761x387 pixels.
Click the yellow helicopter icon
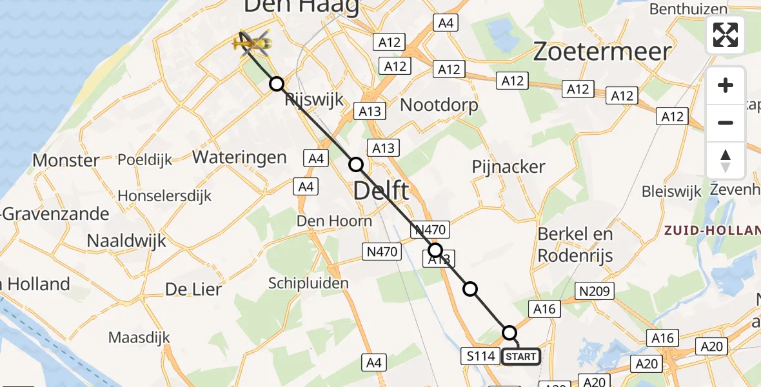coord(252,44)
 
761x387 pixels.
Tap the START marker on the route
coord(521,356)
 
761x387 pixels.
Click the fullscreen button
coord(726,35)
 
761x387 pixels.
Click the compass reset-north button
coord(726,161)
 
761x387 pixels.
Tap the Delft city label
coord(381,191)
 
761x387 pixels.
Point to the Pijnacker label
coord(508,166)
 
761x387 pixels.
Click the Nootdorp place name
coord(439,104)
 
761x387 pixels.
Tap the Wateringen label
coord(239,157)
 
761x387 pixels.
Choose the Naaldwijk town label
coord(126,241)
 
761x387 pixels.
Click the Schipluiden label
coord(308,283)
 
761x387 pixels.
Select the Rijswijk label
coord(314,100)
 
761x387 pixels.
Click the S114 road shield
coord(481,355)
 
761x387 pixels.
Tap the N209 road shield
coord(594,292)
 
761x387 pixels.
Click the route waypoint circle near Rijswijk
coord(277,84)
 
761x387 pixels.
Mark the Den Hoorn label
coord(334,221)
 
